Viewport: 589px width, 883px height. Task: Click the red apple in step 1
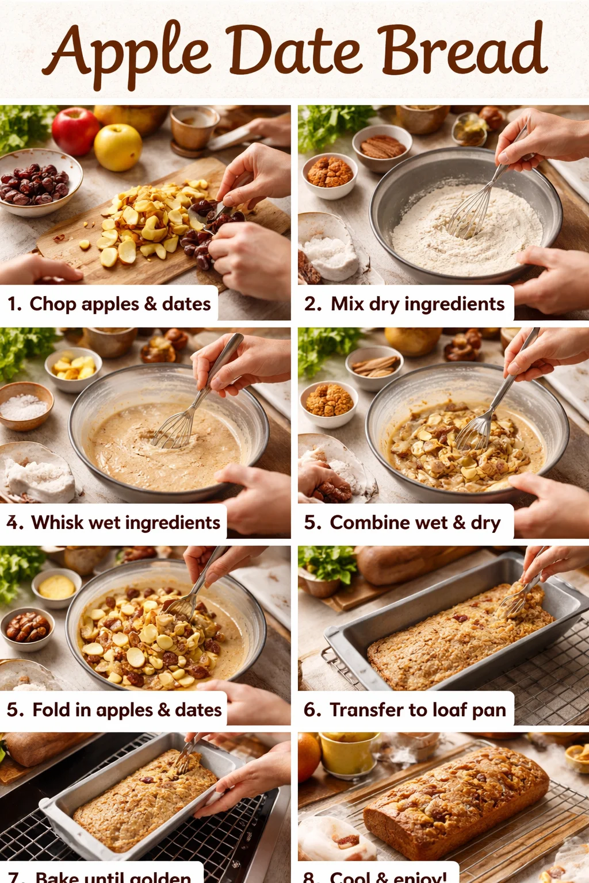tap(75, 131)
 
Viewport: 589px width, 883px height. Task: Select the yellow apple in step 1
tap(118, 147)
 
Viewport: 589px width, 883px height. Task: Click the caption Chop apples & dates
tap(109, 304)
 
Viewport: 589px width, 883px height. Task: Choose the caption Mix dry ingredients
tap(405, 304)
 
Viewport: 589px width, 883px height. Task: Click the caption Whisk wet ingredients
tap(114, 523)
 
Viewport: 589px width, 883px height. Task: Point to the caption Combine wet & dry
tap(403, 523)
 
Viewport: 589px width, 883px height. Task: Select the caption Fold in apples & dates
tap(114, 710)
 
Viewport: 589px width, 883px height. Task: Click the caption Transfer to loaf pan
tap(405, 710)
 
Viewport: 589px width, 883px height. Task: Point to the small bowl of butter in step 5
tap(56, 588)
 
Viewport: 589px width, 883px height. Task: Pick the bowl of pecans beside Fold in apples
tap(28, 628)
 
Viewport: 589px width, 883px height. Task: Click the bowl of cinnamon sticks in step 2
tap(382, 147)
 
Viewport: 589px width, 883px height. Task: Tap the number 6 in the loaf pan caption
tap(312, 710)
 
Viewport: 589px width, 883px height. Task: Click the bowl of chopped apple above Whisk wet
tap(74, 368)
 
